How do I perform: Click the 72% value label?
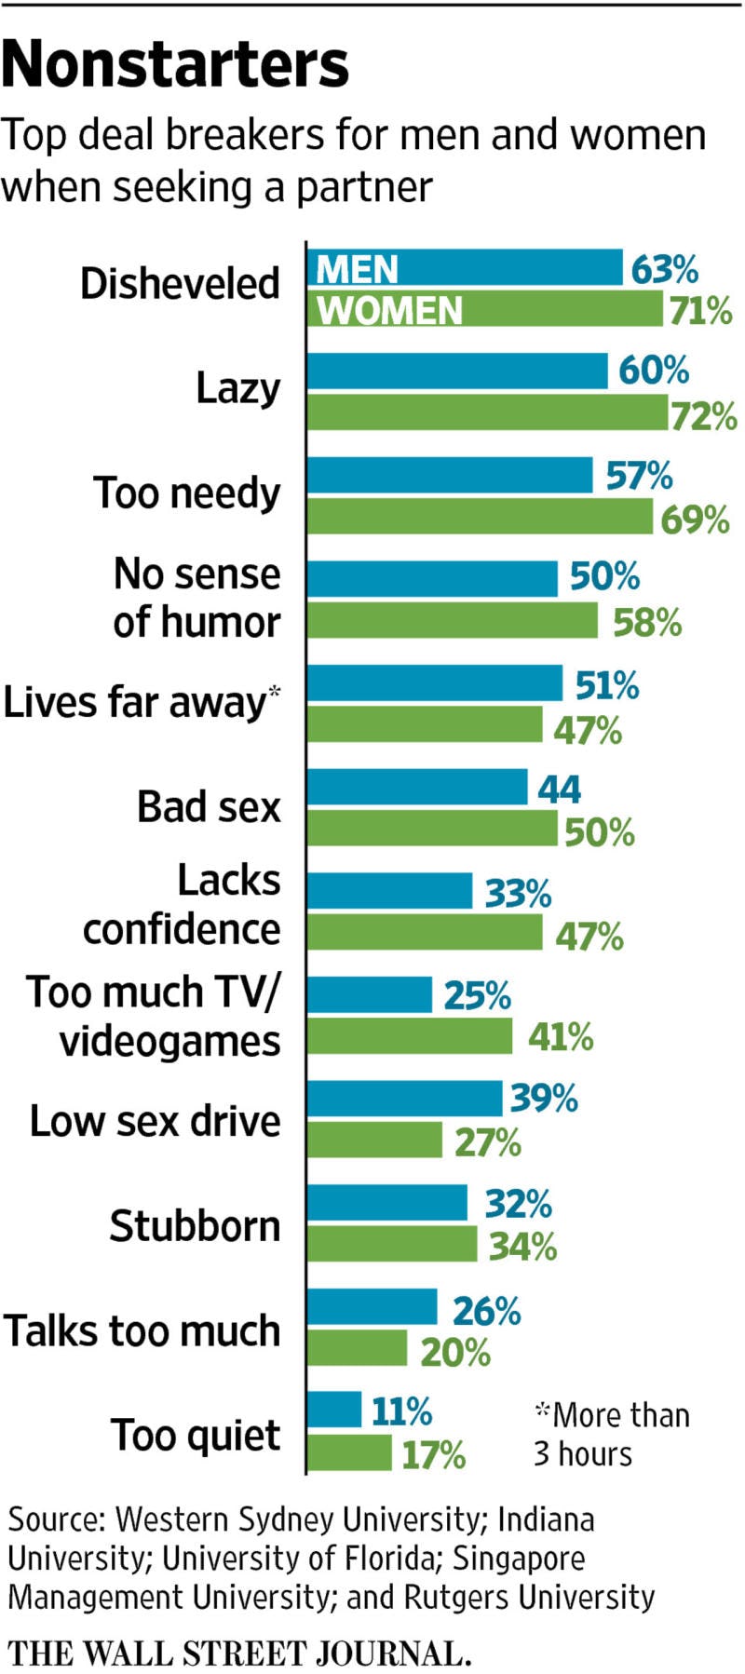(704, 416)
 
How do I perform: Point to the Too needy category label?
(186, 493)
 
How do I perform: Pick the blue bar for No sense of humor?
(432, 578)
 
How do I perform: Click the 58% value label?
(647, 622)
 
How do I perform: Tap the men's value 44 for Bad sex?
(559, 790)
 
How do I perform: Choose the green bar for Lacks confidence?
(425, 932)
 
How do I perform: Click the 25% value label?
(477, 997)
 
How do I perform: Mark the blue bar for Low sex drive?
(404, 1099)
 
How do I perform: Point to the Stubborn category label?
(195, 1226)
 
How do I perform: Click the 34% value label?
(522, 1247)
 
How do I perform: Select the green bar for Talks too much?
(357, 1348)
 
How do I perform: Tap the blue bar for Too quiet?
(334, 1410)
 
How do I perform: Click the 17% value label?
(433, 1455)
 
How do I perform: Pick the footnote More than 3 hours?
(611, 1434)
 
